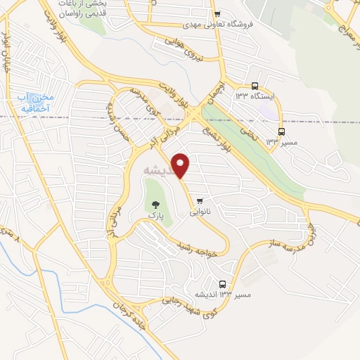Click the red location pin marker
(181, 165)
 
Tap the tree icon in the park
(155, 205)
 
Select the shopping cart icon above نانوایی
(201, 198)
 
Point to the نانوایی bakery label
(201, 210)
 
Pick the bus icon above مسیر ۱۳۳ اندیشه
(223, 284)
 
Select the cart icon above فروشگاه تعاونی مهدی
(218, 13)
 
